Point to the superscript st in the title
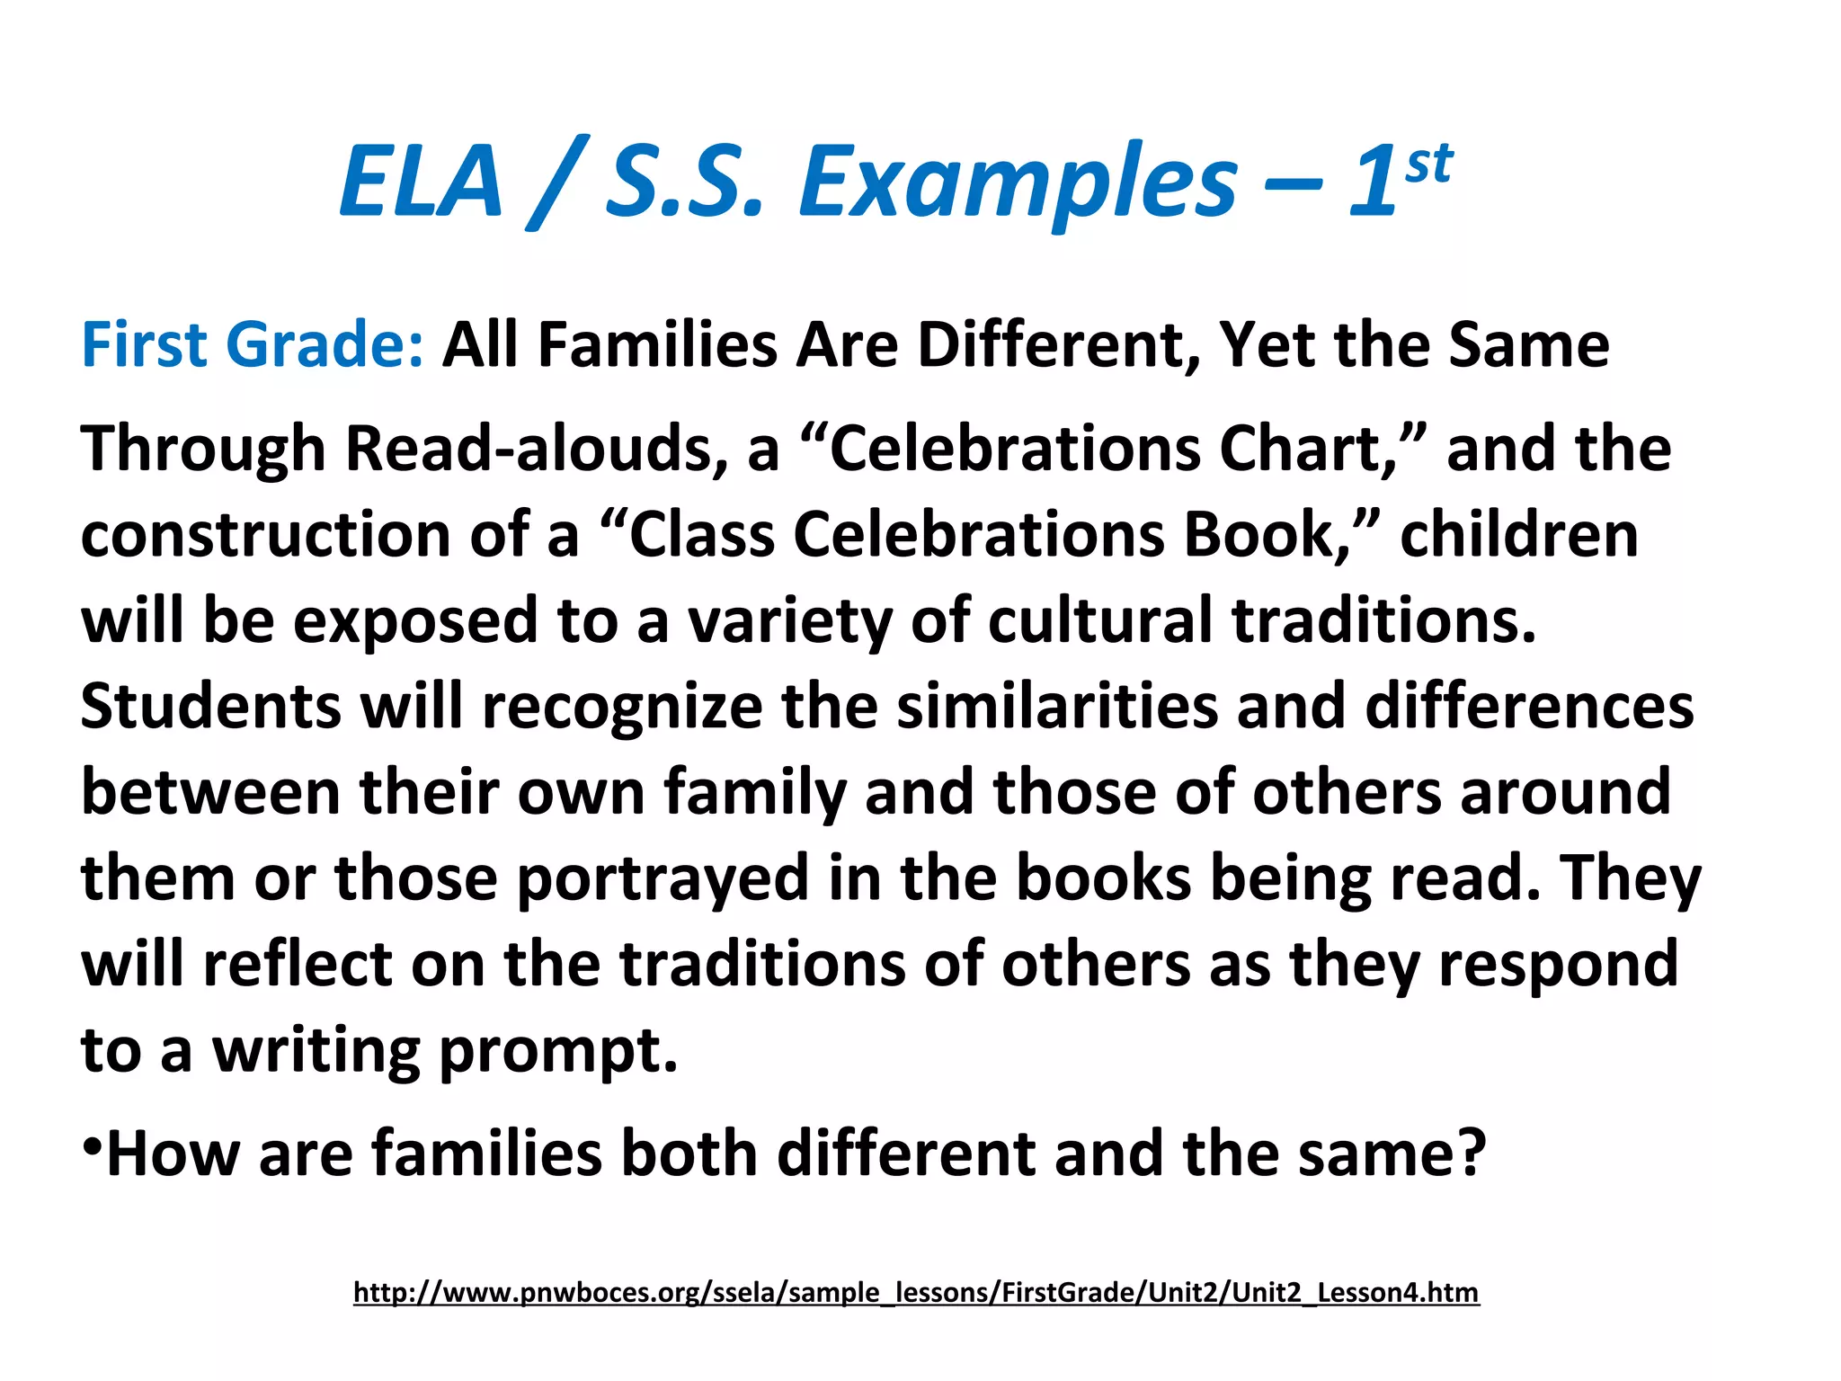click(1428, 165)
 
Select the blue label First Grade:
click(252, 345)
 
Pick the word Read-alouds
click(538, 448)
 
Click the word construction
click(266, 534)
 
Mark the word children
click(1518, 534)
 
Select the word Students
click(210, 706)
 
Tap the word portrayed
click(663, 878)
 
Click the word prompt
click(557, 1050)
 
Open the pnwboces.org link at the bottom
click(916, 1292)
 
